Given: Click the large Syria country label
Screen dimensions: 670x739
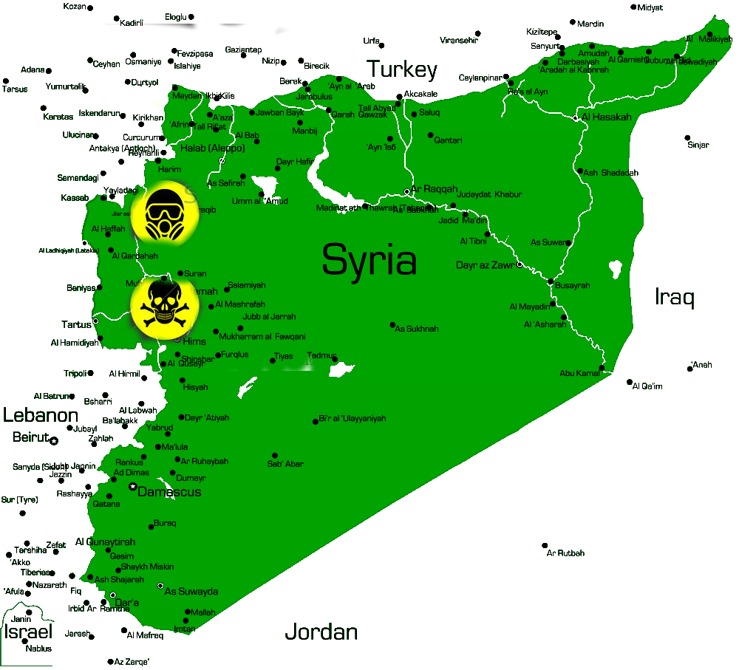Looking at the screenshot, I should point(369,260).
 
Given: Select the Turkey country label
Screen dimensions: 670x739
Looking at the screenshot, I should point(402,70).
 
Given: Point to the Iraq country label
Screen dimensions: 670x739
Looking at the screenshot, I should point(675,297).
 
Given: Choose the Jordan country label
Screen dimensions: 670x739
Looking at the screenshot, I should point(321,632).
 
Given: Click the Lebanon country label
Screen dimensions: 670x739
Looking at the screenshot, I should point(40,414).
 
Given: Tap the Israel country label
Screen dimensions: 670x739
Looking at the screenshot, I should point(28,632).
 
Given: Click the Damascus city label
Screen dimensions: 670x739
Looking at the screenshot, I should point(169,492).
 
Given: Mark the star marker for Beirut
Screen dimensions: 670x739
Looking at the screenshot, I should point(54,441).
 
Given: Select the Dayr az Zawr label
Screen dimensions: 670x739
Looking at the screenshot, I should point(486,265).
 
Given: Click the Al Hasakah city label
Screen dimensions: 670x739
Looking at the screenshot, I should point(607,117).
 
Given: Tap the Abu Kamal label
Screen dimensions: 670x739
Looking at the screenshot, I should point(579,374).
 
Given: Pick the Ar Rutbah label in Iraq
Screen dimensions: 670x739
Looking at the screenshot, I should point(565,553).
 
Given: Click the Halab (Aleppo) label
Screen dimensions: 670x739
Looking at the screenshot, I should point(212,148).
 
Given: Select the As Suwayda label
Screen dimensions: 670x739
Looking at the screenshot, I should point(191,592).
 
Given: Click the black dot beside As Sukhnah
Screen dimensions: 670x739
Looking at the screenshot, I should point(393,325).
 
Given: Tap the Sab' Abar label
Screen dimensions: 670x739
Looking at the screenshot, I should point(285,464).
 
